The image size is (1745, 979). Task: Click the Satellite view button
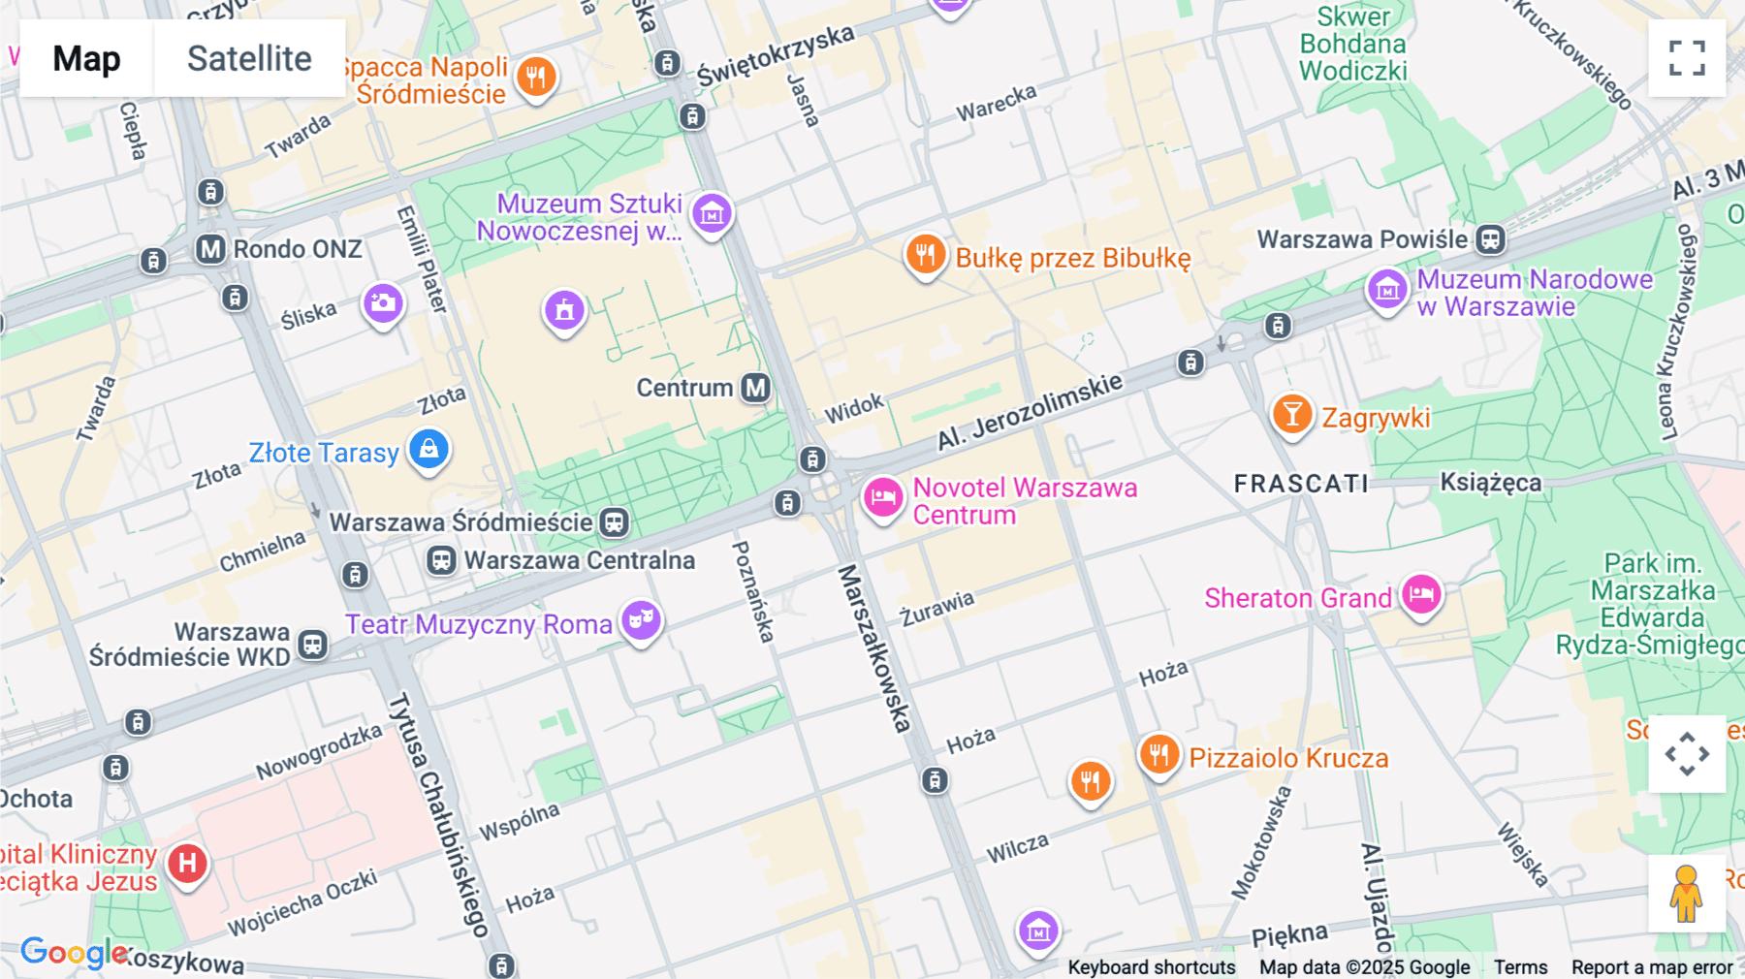(249, 58)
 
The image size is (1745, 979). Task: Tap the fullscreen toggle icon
(1687, 58)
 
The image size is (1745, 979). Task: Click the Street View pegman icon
(1686, 893)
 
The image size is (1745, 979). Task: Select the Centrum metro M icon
(755, 388)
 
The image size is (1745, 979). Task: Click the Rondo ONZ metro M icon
(210, 249)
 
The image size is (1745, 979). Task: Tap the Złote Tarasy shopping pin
(428, 450)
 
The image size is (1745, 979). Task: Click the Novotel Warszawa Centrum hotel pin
(882, 498)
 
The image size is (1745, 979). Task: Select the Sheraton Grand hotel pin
(1421, 594)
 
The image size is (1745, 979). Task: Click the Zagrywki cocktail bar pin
(1291, 415)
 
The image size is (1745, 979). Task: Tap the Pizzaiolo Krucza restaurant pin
(1158, 754)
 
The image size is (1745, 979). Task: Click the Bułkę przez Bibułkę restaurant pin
(925, 255)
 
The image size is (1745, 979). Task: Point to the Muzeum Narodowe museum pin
(1387, 289)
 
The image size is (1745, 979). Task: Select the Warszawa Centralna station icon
(441, 560)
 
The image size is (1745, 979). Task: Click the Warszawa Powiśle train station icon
(1490, 239)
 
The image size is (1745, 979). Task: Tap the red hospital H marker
(187, 863)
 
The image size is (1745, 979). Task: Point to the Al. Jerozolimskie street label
(1030, 412)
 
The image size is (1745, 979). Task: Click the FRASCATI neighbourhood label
(1301, 483)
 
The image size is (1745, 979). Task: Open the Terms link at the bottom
(1520, 966)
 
